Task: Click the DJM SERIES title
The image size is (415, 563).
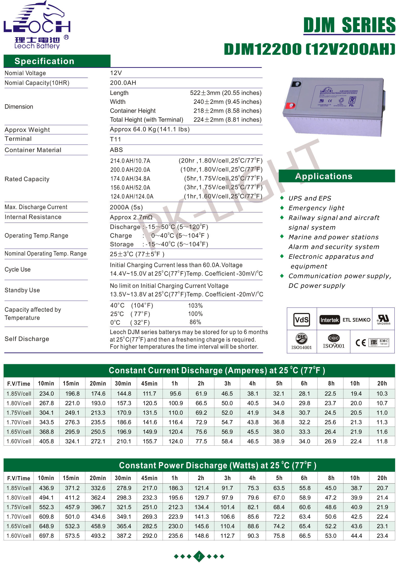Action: click(x=349, y=25)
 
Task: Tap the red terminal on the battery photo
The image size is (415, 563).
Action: click(x=290, y=105)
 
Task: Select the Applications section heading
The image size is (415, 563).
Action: click(x=324, y=176)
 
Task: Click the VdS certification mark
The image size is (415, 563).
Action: click(x=302, y=319)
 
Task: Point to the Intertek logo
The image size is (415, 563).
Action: click(x=330, y=320)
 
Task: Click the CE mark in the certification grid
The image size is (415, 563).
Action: click(x=361, y=343)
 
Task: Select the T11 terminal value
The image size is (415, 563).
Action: click(x=115, y=139)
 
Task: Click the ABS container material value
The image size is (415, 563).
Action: click(x=116, y=150)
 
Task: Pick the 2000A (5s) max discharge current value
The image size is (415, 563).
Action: click(x=126, y=207)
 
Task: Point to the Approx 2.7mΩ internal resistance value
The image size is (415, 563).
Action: click(x=131, y=217)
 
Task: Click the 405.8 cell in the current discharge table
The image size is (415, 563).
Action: click(x=46, y=441)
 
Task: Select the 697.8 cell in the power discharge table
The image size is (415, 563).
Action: click(x=46, y=536)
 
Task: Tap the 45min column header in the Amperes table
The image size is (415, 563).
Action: click(x=149, y=383)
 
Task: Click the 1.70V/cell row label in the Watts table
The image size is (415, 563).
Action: click(x=19, y=517)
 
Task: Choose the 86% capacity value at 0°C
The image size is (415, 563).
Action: click(x=195, y=322)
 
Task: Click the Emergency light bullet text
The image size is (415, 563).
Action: click(x=316, y=208)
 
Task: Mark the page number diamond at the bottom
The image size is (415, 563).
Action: click(x=199, y=556)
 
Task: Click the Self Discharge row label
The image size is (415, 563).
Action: click(x=27, y=339)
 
